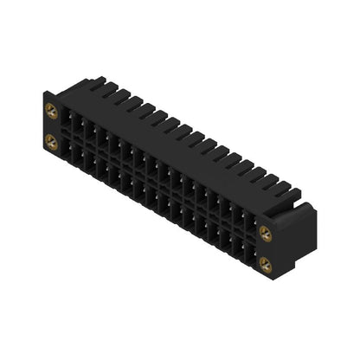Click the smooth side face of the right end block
(299, 232)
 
